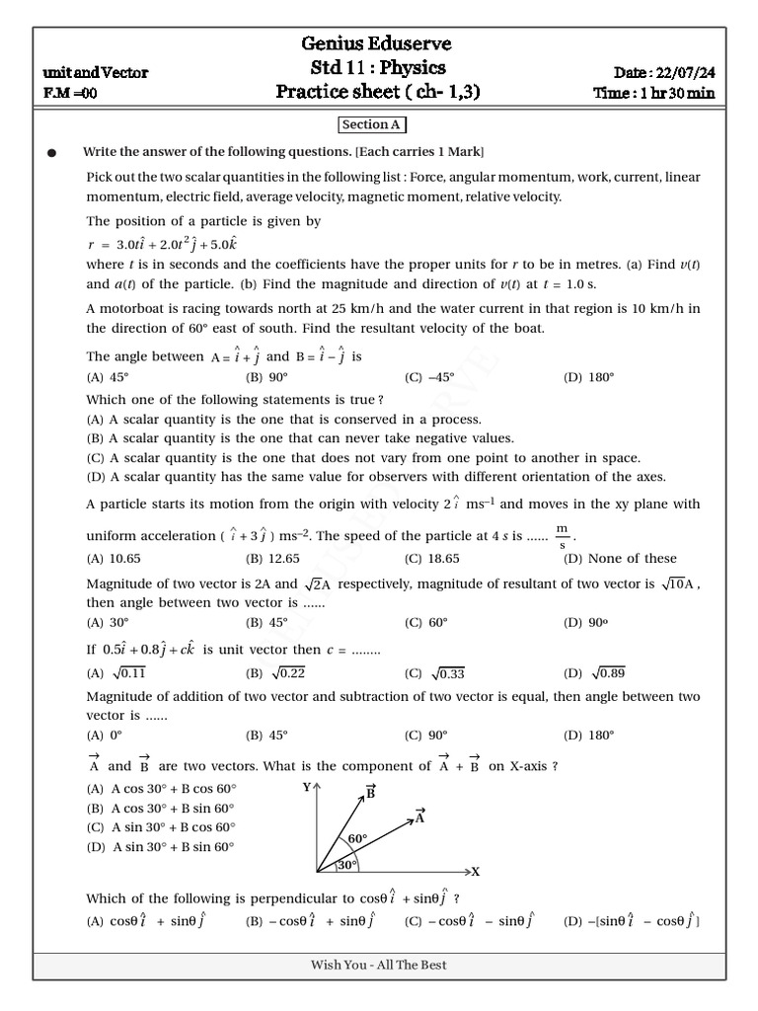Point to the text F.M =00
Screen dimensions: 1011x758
pyautogui.click(x=70, y=94)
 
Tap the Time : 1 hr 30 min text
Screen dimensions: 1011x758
pyautogui.click(x=653, y=94)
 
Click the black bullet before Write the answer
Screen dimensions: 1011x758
pyautogui.click(x=51, y=153)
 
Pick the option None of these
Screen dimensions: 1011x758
pyautogui.click(x=629, y=558)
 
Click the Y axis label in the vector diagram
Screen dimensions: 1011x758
pyautogui.click(x=306, y=787)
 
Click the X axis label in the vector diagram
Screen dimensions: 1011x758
pyautogui.click(x=475, y=872)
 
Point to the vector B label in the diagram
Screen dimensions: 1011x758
pyautogui.click(x=370, y=791)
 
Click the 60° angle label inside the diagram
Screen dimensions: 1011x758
pyautogui.click(x=356, y=839)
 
